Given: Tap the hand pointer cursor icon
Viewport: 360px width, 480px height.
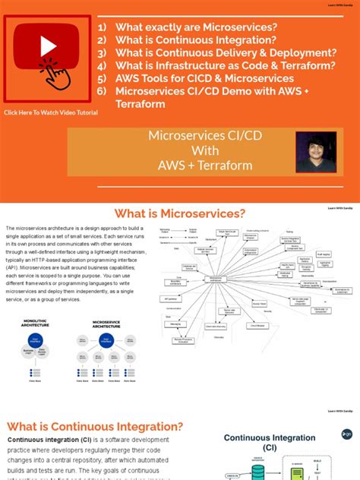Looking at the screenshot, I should [x=56, y=74].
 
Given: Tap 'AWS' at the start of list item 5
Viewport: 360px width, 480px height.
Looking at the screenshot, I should [x=128, y=78].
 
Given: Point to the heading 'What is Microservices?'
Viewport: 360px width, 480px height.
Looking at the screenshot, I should [x=178, y=213].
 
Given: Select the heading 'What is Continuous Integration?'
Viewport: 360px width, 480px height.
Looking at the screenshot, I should [x=95, y=427].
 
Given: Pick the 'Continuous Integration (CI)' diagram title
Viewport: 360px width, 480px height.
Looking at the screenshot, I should [x=270, y=443].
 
